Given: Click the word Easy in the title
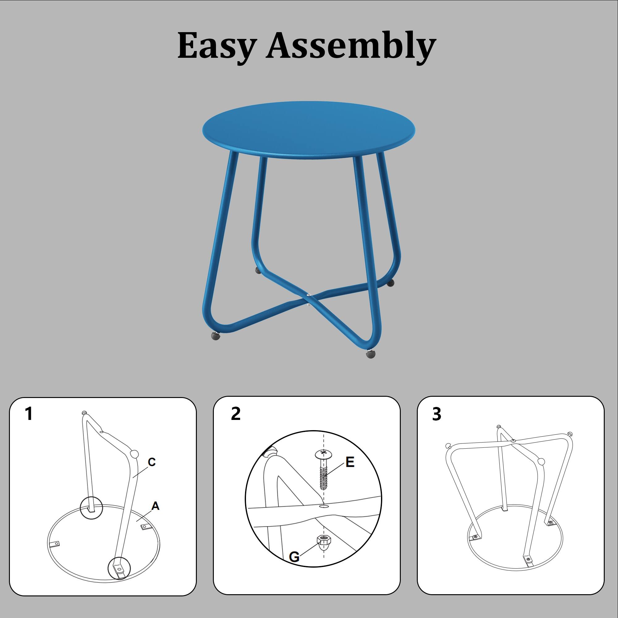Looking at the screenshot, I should click(x=217, y=45).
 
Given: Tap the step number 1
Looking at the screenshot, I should click(x=29, y=414).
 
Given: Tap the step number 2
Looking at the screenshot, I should click(x=235, y=414).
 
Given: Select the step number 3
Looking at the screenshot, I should click(x=436, y=414).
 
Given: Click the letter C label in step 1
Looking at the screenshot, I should click(x=152, y=462).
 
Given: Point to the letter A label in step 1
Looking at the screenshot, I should click(x=155, y=506).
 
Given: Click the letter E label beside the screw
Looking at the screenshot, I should click(x=350, y=462).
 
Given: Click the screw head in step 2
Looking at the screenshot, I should click(x=324, y=453).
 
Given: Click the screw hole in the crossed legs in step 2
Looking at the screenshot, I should click(x=324, y=506).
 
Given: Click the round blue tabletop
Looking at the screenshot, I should click(x=309, y=129).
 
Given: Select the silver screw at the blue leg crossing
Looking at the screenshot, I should click(x=309, y=294).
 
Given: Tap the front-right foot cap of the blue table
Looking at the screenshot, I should click(x=371, y=355).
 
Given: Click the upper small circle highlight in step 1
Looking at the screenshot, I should click(x=91, y=508).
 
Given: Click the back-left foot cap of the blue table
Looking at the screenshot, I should click(x=258, y=271).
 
